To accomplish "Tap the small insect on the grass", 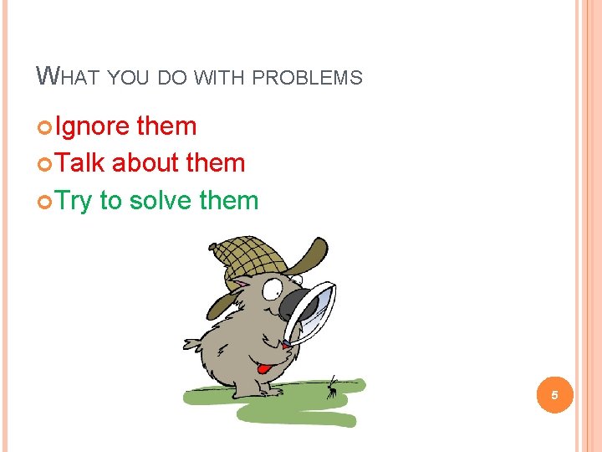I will [x=333, y=386].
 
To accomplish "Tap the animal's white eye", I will [x=273, y=289].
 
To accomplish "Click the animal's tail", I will [x=193, y=342].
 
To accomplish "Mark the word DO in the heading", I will [x=172, y=78].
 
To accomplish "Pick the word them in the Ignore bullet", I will [x=166, y=126].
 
